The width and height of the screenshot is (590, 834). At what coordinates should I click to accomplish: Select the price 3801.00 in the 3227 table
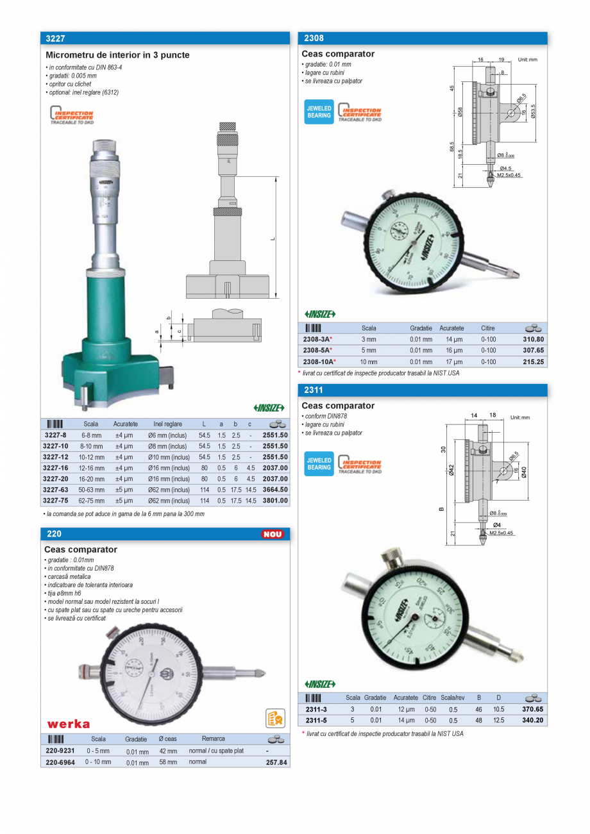(x=275, y=501)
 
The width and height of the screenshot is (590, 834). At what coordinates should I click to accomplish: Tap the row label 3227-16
(x=55, y=468)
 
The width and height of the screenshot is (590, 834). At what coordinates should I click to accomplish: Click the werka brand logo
(x=69, y=724)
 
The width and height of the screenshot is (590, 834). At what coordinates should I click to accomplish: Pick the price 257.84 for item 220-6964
(x=277, y=762)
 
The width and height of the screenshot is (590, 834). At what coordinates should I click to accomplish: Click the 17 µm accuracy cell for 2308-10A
(x=454, y=362)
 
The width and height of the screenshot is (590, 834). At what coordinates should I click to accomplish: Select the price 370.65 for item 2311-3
(x=532, y=709)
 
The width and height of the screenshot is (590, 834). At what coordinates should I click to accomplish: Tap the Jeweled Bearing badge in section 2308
(x=319, y=112)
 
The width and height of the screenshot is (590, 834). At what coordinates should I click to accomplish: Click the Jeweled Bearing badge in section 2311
(x=319, y=464)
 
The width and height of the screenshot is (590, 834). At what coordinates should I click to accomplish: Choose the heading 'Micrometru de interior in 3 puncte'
(x=118, y=55)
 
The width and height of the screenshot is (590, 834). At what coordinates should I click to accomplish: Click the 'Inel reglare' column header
(x=168, y=424)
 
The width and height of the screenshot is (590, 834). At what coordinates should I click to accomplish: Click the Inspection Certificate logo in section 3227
(x=72, y=116)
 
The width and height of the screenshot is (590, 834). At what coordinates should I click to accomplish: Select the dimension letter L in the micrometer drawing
(x=273, y=238)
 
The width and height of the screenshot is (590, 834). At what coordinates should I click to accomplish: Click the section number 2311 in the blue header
(x=314, y=390)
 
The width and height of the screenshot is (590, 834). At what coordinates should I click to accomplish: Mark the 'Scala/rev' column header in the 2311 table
(x=453, y=697)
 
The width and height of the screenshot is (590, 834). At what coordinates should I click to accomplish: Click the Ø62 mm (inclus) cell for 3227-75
(x=168, y=501)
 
